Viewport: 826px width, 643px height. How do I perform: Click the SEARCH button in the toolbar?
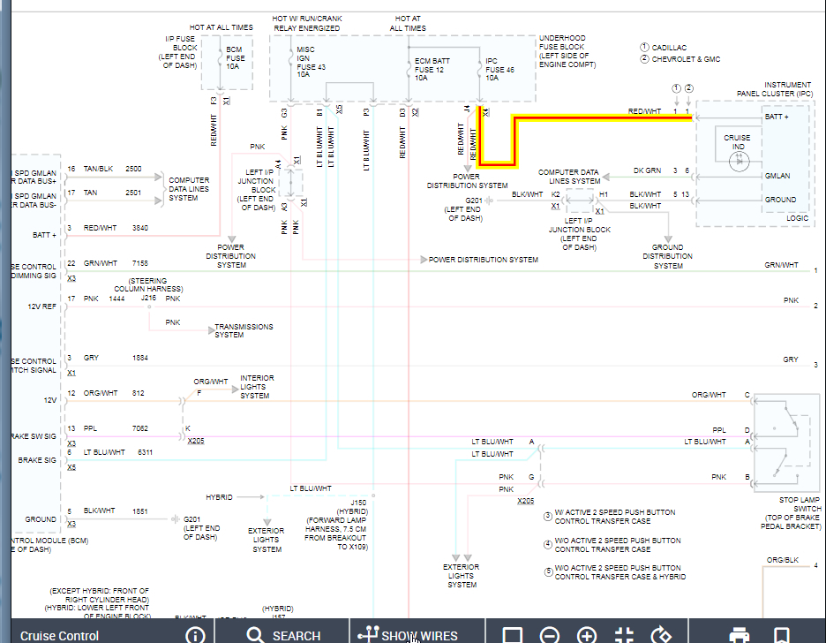[x=284, y=635]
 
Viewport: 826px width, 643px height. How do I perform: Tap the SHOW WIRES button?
[x=408, y=635]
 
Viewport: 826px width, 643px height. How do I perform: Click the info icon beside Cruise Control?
[x=195, y=635]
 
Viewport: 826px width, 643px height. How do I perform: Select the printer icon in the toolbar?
[x=739, y=635]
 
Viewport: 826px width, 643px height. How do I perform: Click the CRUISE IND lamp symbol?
[x=740, y=161]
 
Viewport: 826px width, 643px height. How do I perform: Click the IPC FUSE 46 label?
[x=499, y=69]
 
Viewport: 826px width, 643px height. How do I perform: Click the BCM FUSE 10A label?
[x=235, y=59]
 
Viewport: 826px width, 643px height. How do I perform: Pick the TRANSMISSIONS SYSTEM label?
[x=244, y=330]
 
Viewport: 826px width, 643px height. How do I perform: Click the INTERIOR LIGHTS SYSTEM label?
[x=256, y=387]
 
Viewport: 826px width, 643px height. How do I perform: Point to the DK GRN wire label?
[x=647, y=170]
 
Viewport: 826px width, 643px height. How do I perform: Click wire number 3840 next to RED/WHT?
[x=140, y=228]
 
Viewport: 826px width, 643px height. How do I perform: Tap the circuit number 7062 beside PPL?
[x=140, y=428]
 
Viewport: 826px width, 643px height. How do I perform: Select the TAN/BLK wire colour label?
[x=98, y=168]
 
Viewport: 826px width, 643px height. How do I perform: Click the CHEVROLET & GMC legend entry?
[x=686, y=59]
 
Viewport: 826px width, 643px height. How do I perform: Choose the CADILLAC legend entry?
[x=669, y=48]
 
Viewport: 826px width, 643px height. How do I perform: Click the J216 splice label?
[x=148, y=299]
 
